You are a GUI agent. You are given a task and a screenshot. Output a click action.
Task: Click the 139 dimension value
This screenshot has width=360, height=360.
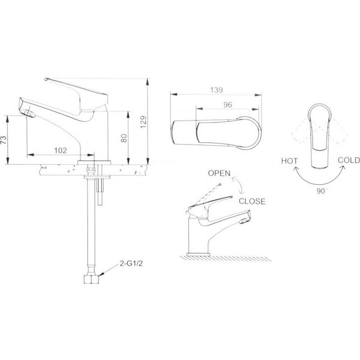click(x=216, y=90)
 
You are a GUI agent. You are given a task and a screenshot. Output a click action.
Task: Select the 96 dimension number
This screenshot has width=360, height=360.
click(x=227, y=104)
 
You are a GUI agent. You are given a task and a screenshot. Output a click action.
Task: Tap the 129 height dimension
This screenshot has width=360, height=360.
click(x=143, y=122)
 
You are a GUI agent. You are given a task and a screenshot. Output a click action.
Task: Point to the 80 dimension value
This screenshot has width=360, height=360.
click(x=124, y=138)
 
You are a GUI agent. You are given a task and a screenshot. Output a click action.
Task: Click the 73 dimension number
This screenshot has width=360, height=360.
click(x=4, y=140)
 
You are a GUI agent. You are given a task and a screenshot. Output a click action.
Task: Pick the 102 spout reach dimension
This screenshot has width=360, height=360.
click(x=61, y=151)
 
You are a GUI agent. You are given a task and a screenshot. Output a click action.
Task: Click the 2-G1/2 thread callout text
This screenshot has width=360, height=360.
click(x=131, y=263)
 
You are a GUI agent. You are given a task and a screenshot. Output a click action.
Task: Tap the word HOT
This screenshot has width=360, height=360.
click(x=289, y=161)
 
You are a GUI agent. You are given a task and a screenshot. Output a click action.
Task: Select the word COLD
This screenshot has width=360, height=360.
click(x=349, y=160)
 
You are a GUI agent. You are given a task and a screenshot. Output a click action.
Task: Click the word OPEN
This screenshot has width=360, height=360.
click(x=219, y=173)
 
